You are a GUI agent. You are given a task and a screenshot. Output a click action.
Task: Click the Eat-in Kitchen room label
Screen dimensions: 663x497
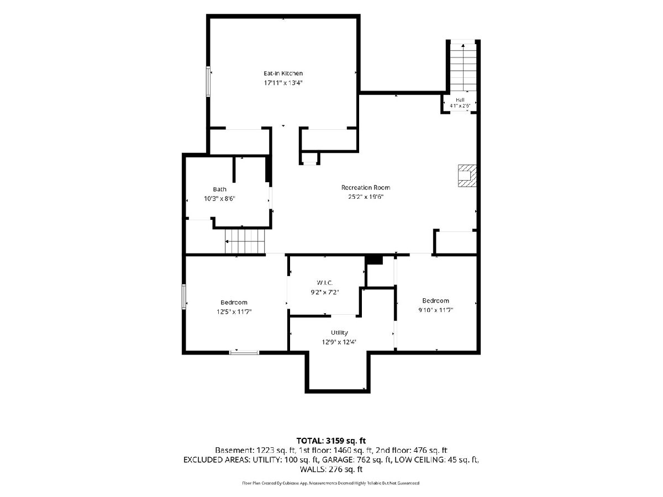tap(283, 73)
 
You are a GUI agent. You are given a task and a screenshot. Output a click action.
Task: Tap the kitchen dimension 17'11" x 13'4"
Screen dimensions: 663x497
tap(283, 83)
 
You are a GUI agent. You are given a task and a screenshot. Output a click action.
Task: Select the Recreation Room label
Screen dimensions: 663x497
tap(366, 187)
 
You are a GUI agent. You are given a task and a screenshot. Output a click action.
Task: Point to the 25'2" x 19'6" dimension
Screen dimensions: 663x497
tap(366, 197)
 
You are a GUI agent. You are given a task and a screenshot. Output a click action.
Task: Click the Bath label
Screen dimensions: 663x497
tap(219, 189)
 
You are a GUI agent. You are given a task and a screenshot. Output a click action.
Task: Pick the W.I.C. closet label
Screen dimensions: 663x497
tap(325, 283)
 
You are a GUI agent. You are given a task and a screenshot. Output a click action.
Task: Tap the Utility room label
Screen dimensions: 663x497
tap(339, 332)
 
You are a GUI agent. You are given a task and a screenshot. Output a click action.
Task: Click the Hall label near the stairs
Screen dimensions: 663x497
tap(460, 100)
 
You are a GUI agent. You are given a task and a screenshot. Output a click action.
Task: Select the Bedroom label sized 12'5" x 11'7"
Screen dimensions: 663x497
tap(234, 303)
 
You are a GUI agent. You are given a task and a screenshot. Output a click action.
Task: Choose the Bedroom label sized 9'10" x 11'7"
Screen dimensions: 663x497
tap(435, 300)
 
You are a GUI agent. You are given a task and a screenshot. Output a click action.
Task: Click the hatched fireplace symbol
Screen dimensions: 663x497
tap(467, 176)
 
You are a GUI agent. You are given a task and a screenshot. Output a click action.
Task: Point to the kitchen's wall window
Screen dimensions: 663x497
tap(208, 82)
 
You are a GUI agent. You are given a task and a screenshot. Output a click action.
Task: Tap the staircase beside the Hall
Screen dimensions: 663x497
tap(463, 67)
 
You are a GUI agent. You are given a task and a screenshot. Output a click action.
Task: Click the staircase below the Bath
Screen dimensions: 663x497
tap(245, 241)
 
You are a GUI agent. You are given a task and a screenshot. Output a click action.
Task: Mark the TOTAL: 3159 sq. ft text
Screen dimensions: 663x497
tap(331, 441)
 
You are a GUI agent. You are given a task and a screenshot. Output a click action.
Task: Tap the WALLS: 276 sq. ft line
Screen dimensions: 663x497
tap(331, 469)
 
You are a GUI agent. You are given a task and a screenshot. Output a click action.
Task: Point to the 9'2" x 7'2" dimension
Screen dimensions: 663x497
tap(325, 292)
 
